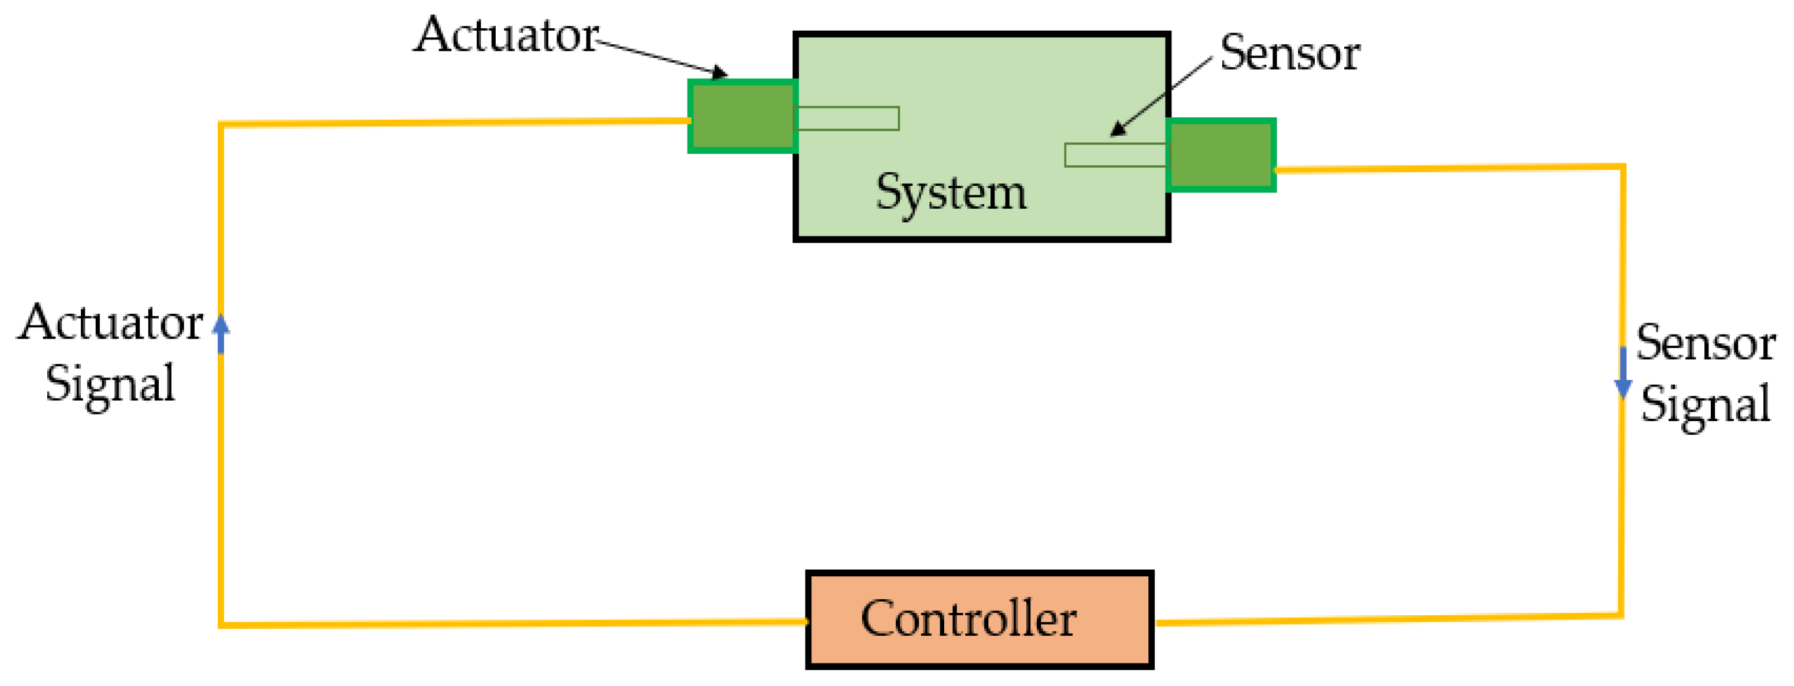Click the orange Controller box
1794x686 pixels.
(x=978, y=619)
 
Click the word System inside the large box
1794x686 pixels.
(x=951, y=192)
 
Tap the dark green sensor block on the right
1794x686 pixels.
(x=1221, y=155)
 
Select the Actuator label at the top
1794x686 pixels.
(x=506, y=35)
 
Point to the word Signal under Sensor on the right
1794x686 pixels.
(x=1705, y=404)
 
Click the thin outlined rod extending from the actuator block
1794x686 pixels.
(x=847, y=119)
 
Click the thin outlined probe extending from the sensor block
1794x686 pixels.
(x=1116, y=155)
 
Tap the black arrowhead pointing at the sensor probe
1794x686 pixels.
(x=1117, y=130)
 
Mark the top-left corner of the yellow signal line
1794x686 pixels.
(x=221, y=124)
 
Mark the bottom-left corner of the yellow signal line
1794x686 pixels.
(x=221, y=625)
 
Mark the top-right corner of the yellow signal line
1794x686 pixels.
(x=1623, y=167)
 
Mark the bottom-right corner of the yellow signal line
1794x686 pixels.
(x=1621, y=616)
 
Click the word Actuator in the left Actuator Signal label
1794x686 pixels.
(x=110, y=323)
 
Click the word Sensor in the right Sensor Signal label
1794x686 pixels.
(x=1705, y=343)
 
